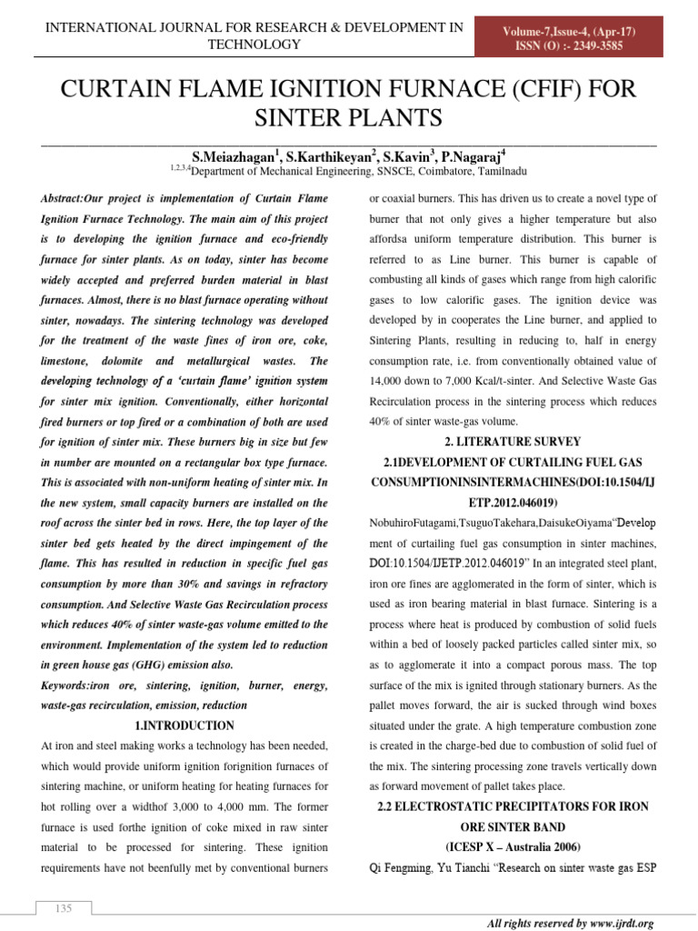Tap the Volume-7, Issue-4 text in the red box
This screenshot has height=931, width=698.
570,32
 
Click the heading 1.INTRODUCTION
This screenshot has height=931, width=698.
184,726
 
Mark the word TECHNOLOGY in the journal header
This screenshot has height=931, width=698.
254,44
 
